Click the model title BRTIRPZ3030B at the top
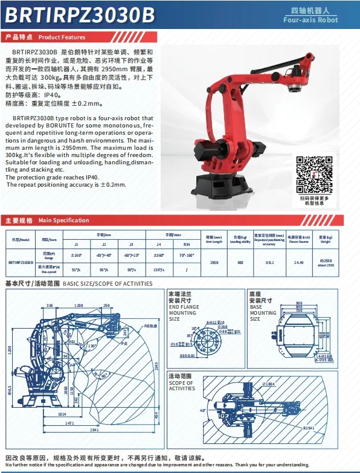click(80, 14)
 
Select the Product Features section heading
click(46, 37)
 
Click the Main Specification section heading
click(47, 220)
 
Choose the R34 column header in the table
click(187, 244)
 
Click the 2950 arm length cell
click(214, 262)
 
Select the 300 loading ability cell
click(240, 262)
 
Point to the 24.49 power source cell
click(298, 262)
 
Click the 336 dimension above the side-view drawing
click(50, 306)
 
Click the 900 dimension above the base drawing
click(299, 303)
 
